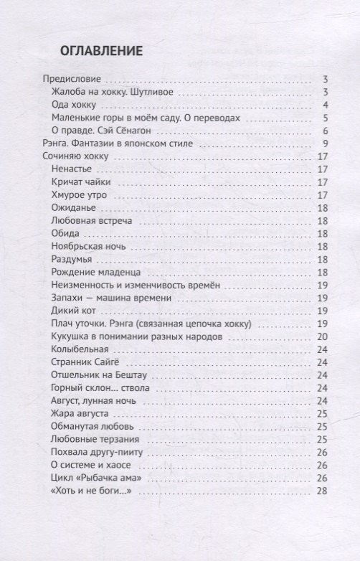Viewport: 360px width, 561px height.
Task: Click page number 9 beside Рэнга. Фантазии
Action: pos(325,143)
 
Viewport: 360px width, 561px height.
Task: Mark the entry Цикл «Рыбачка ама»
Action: pos(94,478)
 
